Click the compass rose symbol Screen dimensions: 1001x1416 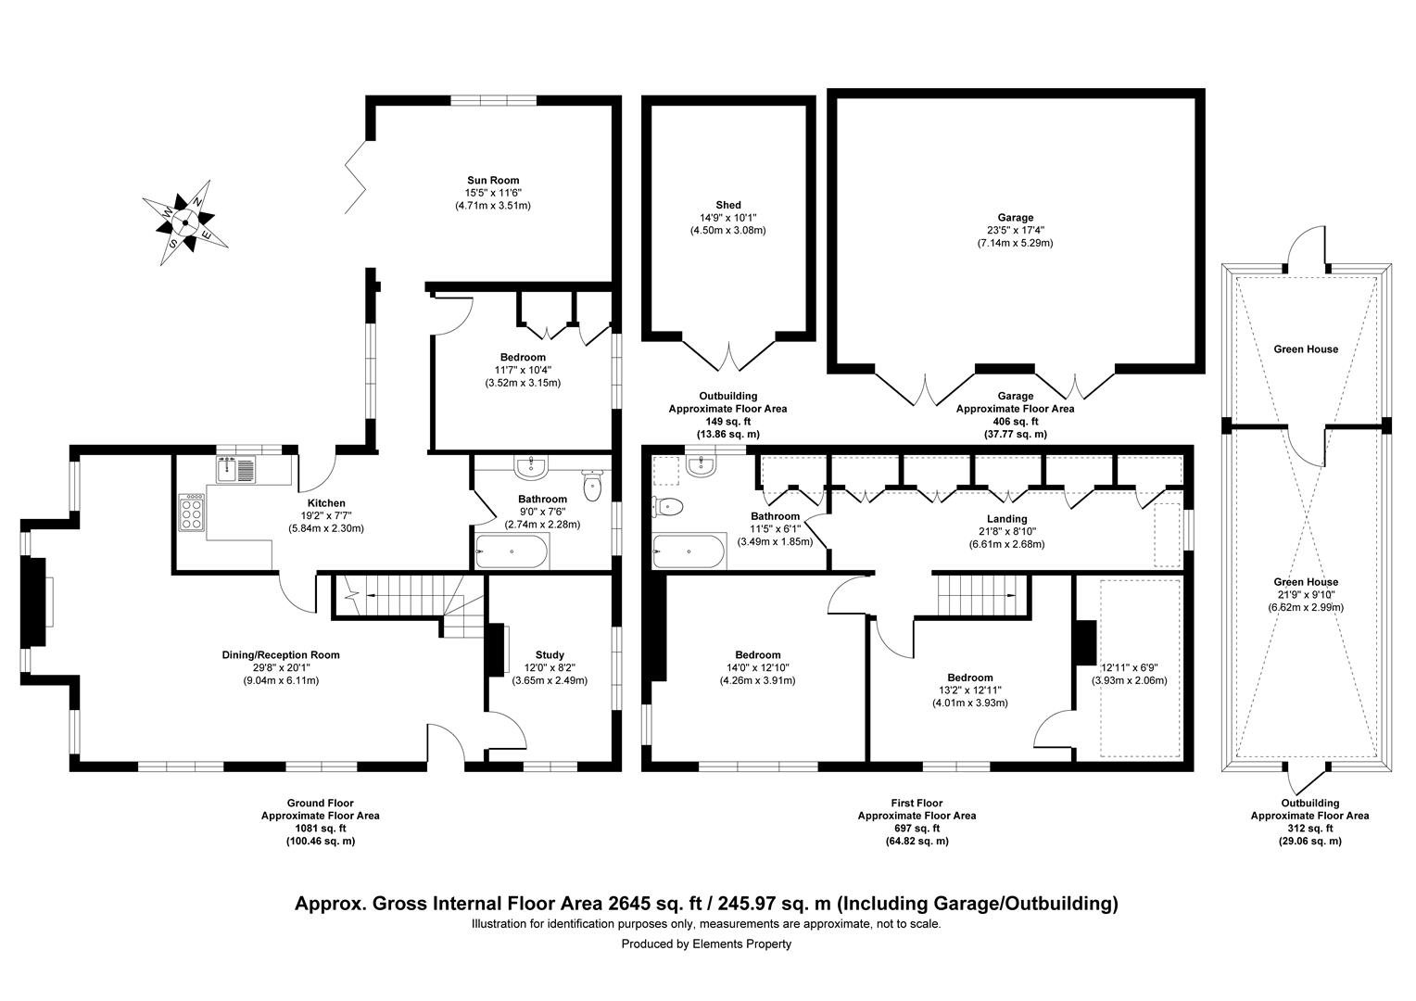pyautogui.click(x=185, y=222)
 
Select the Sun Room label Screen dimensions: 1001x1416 pyautogui.click(x=492, y=181)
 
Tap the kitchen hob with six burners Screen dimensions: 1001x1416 pyautogui.click(x=192, y=512)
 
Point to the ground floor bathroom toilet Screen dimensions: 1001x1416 pyautogui.click(x=593, y=484)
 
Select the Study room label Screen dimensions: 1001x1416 pyautogui.click(x=550, y=654)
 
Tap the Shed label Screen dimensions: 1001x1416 pyautogui.click(x=727, y=205)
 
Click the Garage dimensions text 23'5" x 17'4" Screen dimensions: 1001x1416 pyautogui.click(x=1016, y=231)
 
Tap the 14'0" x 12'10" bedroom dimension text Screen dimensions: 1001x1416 pyautogui.click(x=757, y=667)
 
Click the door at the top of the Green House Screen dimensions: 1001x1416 pyautogui.click(x=1306, y=250)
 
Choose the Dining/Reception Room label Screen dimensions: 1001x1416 pyautogui.click(x=280, y=655)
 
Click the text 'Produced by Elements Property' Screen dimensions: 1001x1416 pyautogui.click(x=706, y=944)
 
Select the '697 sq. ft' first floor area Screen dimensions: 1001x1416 pyautogui.click(x=916, y=829)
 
